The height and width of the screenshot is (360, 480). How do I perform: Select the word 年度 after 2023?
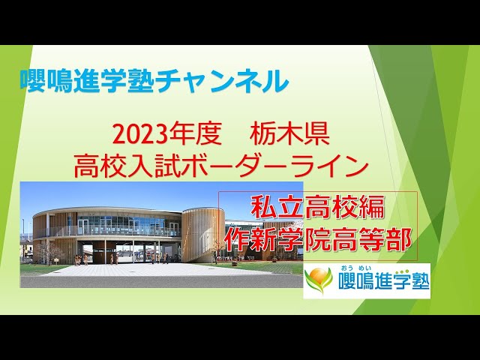pos(196,136)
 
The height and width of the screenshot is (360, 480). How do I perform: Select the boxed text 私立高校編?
pos(318,207)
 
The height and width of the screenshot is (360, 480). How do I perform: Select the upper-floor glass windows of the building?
pos(120,224)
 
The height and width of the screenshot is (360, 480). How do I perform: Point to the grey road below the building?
pos(150,281)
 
